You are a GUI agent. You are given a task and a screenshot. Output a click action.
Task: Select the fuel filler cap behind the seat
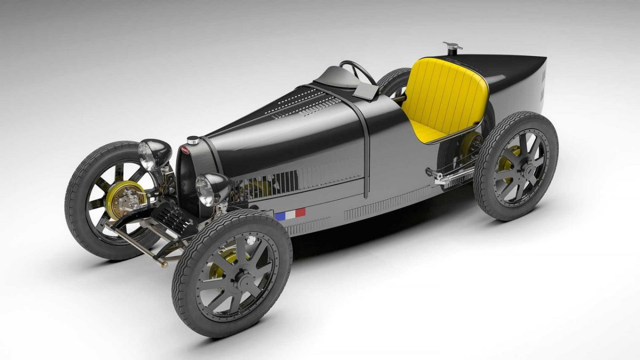click(x=453, y=49)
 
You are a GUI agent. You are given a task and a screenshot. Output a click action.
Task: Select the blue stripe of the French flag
click(x=280, y=216)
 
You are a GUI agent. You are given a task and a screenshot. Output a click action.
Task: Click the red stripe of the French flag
click(x=300, y=212)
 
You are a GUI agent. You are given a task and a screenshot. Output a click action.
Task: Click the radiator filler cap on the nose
click(x=194, y=140)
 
